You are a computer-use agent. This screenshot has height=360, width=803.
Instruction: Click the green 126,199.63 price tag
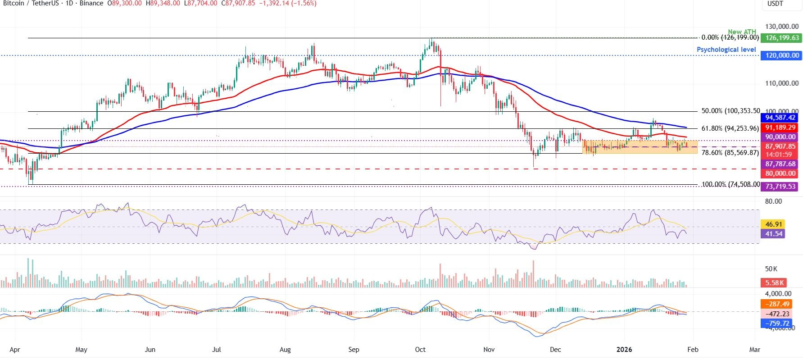tap(780, 38)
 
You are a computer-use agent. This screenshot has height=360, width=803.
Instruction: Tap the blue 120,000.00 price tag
tap(780, 55)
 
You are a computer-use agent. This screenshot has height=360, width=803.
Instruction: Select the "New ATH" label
tap(742, 32)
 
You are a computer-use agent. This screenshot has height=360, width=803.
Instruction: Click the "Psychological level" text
tap(726, 50)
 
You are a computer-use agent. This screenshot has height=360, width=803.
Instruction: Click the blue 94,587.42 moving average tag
tap(780, 118)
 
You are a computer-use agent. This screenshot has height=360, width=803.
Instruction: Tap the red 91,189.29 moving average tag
tap(780, 128)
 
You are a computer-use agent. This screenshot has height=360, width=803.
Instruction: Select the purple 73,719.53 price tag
tap(780, 186)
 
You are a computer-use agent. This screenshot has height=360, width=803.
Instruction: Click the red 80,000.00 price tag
tap(780, 173)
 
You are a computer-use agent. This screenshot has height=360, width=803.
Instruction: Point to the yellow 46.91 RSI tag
tap(772, 224)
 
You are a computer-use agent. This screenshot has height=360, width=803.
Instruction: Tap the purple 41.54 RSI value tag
tap(772, 233)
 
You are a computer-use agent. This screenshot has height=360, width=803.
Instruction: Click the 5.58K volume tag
tap(772, 283)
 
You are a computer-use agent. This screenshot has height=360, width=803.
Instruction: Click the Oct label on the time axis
tap(420, 350)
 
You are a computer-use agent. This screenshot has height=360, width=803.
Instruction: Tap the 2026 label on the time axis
tap(624, 350)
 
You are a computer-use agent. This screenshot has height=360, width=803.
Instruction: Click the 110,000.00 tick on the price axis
tap(781, 83)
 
